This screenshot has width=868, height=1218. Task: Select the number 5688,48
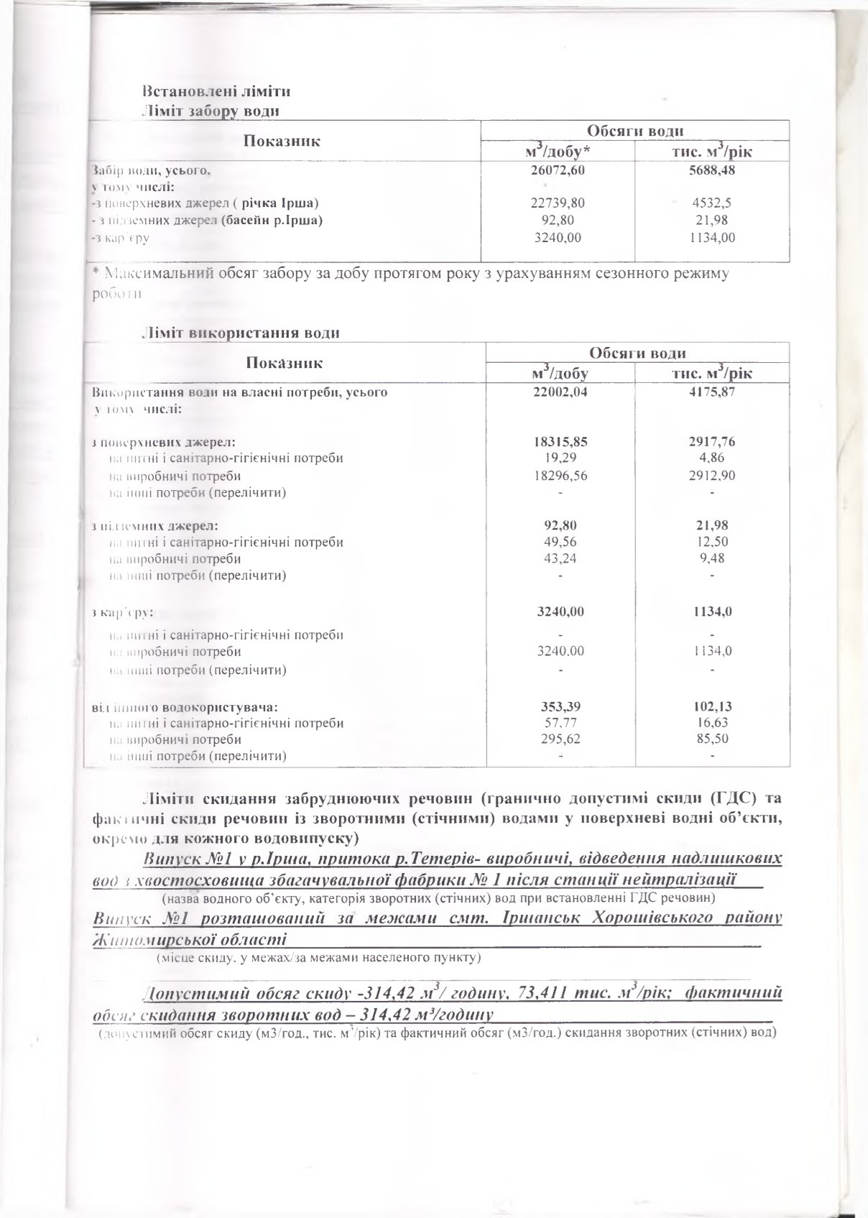[710, 171]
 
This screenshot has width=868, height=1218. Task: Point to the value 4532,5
[710, 203]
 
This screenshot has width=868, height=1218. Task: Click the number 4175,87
[710, 392]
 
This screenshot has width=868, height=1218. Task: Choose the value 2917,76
[710, 442]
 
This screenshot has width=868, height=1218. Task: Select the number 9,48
[711, 558]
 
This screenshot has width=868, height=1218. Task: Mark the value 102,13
[711, 706]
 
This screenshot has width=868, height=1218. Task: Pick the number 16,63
[711, 723]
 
